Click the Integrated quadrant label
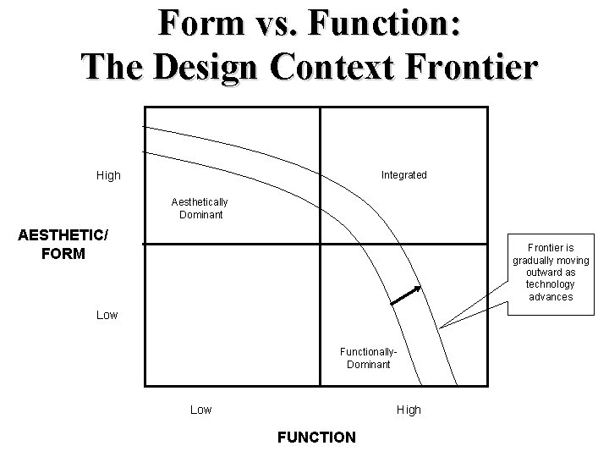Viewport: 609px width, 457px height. [403, 175]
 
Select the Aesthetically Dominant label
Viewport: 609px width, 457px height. [200, 208]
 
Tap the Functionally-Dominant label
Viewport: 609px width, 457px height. [368, 357]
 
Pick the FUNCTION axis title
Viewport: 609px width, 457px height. [317, 437]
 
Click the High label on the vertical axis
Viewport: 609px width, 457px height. [108, 176]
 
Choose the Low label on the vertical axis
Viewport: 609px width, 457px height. [107, 315]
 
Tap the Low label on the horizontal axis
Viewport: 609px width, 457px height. [201, 410]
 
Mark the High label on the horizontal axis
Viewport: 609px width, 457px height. [409, 410]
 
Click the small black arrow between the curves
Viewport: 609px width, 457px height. [405, 295]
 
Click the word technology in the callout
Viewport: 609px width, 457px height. [551, 284]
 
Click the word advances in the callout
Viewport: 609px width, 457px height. [551, 296]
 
